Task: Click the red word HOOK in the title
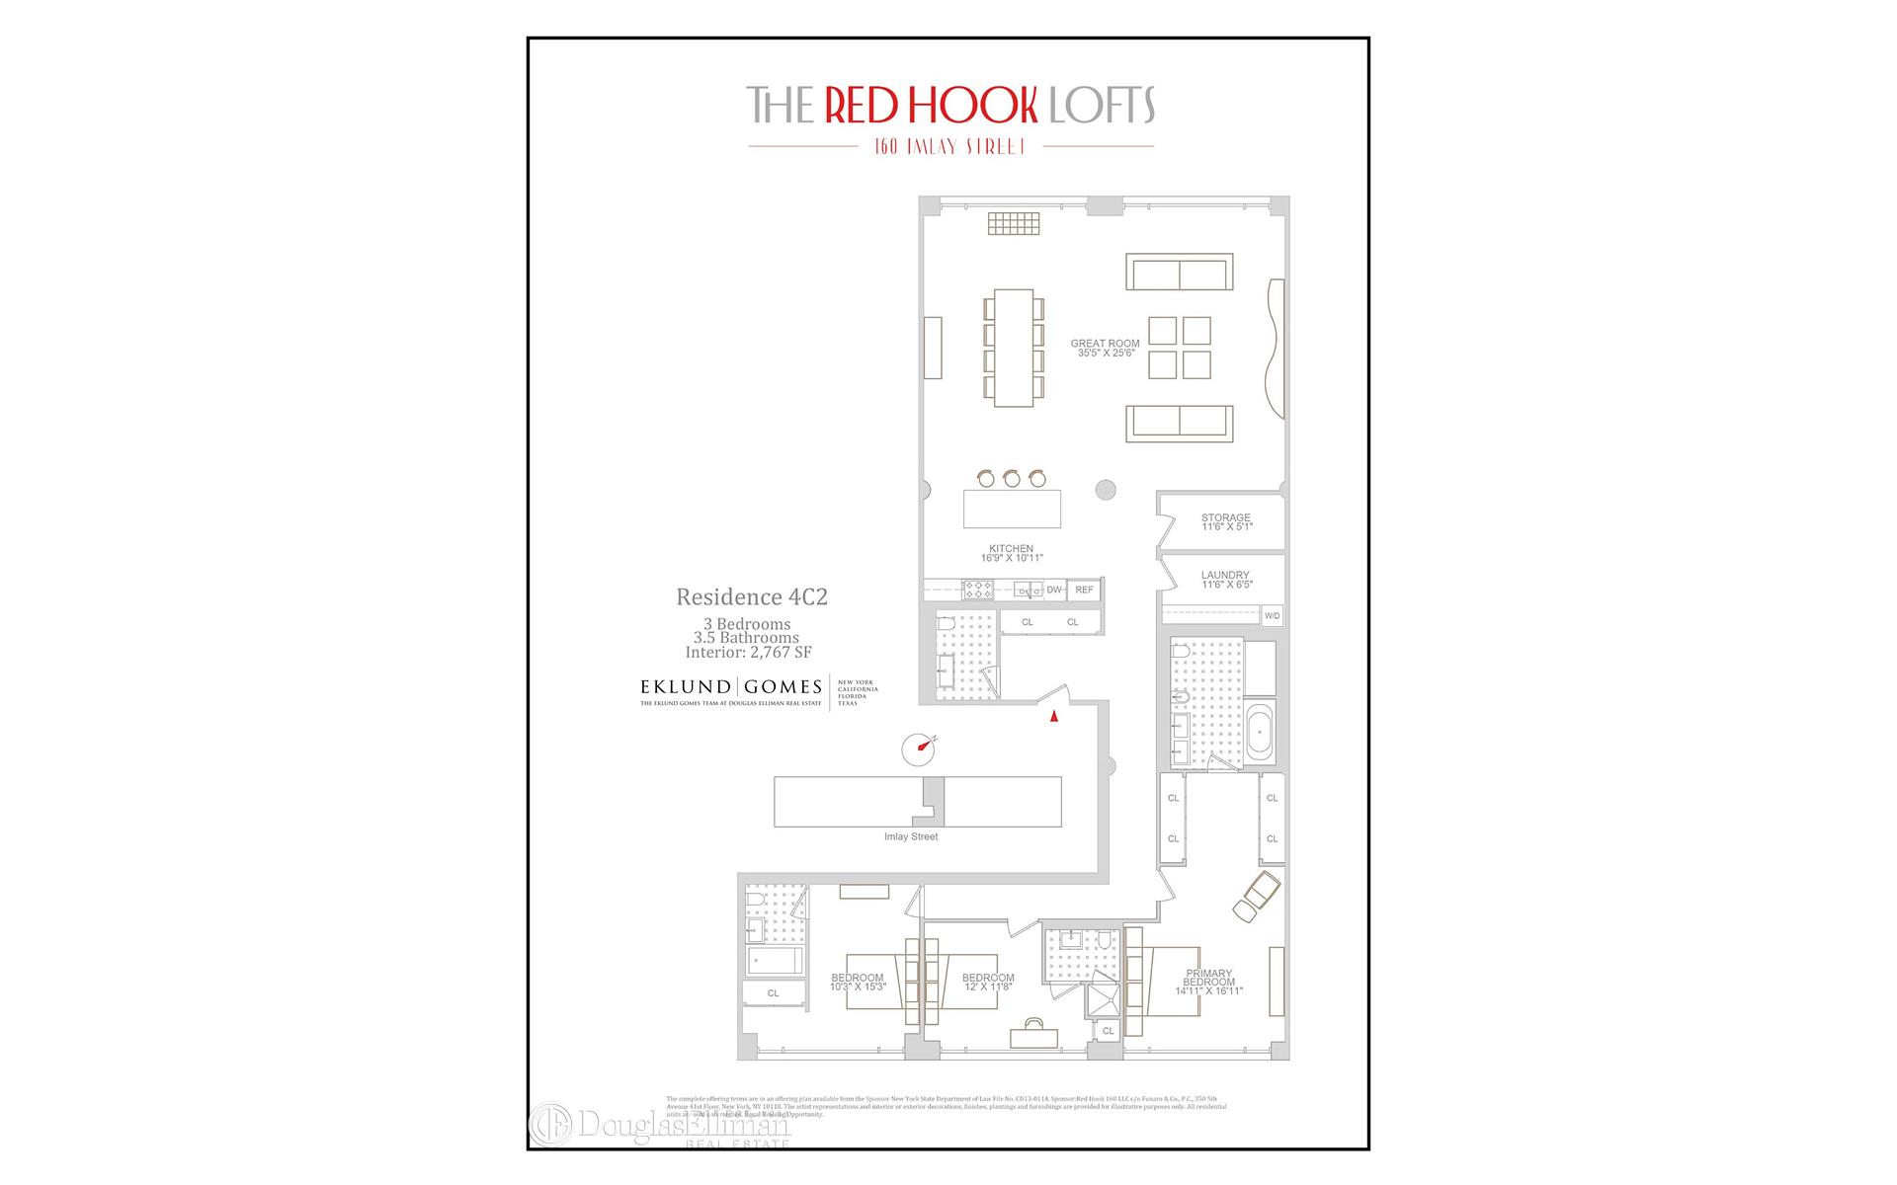[x=931, y=105]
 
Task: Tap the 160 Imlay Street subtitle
[x=949, y=146]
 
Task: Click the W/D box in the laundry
[x=1272, y=616]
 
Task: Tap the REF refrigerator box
[x=1084, y=590]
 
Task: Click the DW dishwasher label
[x=1054, y=590]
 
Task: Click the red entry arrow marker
[x=1054, y=717]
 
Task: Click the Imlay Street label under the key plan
[x=911, y=836]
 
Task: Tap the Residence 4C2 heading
[x=751, y=596]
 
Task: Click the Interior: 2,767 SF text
[x=748, y=652]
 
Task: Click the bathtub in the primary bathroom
[x=1261, y=732]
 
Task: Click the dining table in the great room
[x=1013, y=347]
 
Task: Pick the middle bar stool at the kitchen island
[x=1011, y=479]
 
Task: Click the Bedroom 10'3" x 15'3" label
[x=858, y=983]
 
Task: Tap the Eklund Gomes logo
[x=731, y=689]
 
